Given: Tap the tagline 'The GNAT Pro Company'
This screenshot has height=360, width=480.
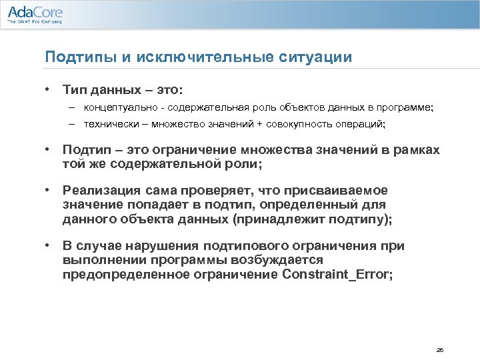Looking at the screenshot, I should (x=35, y=22).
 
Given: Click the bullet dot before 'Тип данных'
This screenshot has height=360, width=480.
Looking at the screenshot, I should (x=48, y=89).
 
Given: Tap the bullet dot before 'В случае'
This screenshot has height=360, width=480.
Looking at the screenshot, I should (x=48, y=245).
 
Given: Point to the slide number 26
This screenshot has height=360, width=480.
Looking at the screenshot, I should (x=439, y=349).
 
